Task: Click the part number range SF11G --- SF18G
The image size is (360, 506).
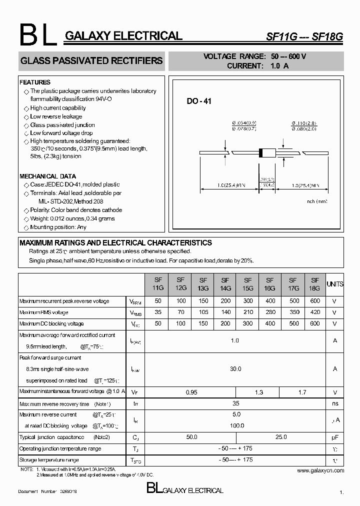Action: point(304,36)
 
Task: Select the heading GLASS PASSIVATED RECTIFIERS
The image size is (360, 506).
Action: point(91,61)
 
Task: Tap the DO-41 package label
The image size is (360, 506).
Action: point(199,101)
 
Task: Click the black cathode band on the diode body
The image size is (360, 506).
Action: point(260,153)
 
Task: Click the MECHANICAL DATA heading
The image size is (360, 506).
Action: point(48,176)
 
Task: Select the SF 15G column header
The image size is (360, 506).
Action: point(247,284)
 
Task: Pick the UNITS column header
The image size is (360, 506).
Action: point(335,284)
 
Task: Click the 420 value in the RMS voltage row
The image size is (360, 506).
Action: point(314,312)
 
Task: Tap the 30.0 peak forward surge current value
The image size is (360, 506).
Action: point(235,369)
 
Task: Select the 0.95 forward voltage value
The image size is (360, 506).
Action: point(191,392)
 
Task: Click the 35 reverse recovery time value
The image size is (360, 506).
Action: point(236,403)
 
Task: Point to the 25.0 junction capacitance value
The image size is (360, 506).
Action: point(281,437)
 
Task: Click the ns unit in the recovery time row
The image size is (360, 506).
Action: point(334,403)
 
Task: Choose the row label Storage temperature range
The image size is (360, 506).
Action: point(49,459)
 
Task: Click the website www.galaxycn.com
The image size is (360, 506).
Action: point(320,470)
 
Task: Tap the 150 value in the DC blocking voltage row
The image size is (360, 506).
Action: point(203,323)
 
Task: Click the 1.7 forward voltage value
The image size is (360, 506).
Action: point(302,392)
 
